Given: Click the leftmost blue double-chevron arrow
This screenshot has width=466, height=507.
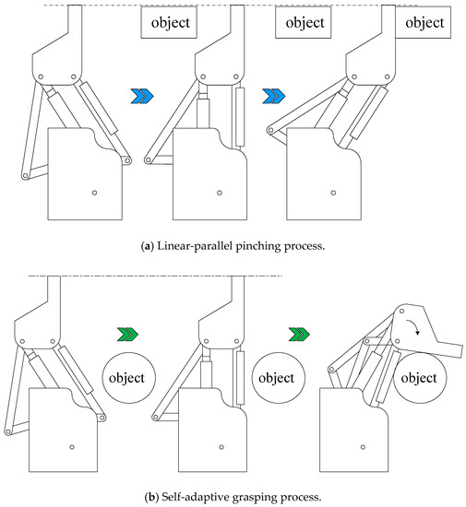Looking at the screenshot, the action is tap(142, 96).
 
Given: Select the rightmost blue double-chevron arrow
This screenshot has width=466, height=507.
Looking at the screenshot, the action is tap(274, 96).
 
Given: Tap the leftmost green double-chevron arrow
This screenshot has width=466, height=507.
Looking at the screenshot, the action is tap(127, 334).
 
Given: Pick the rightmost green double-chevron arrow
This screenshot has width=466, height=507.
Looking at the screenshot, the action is tap(299, 334).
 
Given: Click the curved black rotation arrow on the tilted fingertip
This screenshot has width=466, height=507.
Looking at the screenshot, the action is tap(414, 325).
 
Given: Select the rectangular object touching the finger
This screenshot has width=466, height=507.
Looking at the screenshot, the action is tap(423, 22).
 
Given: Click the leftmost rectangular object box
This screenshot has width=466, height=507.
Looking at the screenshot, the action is tap(169, 22).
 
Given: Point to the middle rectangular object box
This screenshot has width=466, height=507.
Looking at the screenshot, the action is tap(304, 22).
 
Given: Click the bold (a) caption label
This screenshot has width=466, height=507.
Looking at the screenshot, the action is tap(148, 246).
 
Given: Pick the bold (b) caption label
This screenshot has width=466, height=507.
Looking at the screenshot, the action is tap(151, 497).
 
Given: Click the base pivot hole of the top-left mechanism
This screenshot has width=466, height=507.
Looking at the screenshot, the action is tap(94, 193).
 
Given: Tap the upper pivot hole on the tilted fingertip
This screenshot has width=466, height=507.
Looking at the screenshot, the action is tap(401, 311).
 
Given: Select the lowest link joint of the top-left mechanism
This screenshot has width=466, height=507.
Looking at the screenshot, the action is tap(25, 176).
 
